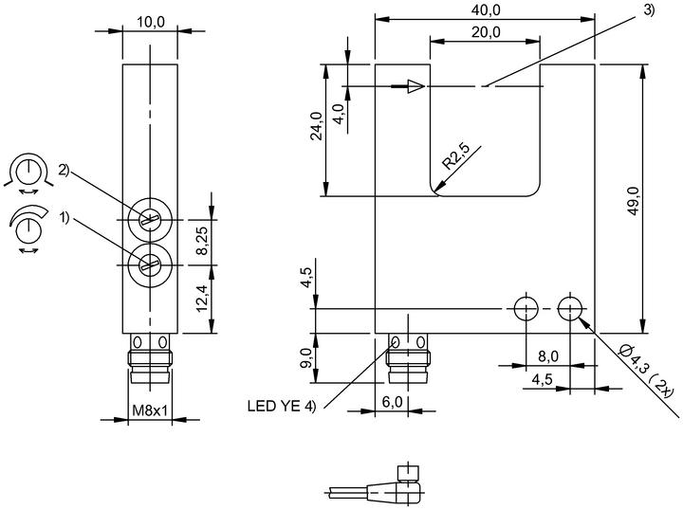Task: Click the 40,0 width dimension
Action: (486, 9)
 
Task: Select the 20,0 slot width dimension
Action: (486, 32)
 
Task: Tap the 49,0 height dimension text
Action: (633, 200)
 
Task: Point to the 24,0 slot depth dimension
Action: (316, 126)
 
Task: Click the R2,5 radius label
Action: (456, 155)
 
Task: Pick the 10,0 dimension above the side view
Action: (151, 22)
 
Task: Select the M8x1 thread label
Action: (150, 410)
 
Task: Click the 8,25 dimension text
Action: (202, 241)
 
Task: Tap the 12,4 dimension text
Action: (202, 298)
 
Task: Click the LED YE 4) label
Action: (282, 406)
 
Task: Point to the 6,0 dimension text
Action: (392, 402)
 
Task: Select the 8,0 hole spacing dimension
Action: (548, 356)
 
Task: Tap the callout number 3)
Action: (649, 10)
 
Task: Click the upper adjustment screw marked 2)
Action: (150, 220)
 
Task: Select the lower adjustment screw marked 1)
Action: (150, 264)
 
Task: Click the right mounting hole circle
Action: (570, 308)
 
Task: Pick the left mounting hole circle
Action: (526, 308)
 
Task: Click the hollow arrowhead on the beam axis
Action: (416, 86)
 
